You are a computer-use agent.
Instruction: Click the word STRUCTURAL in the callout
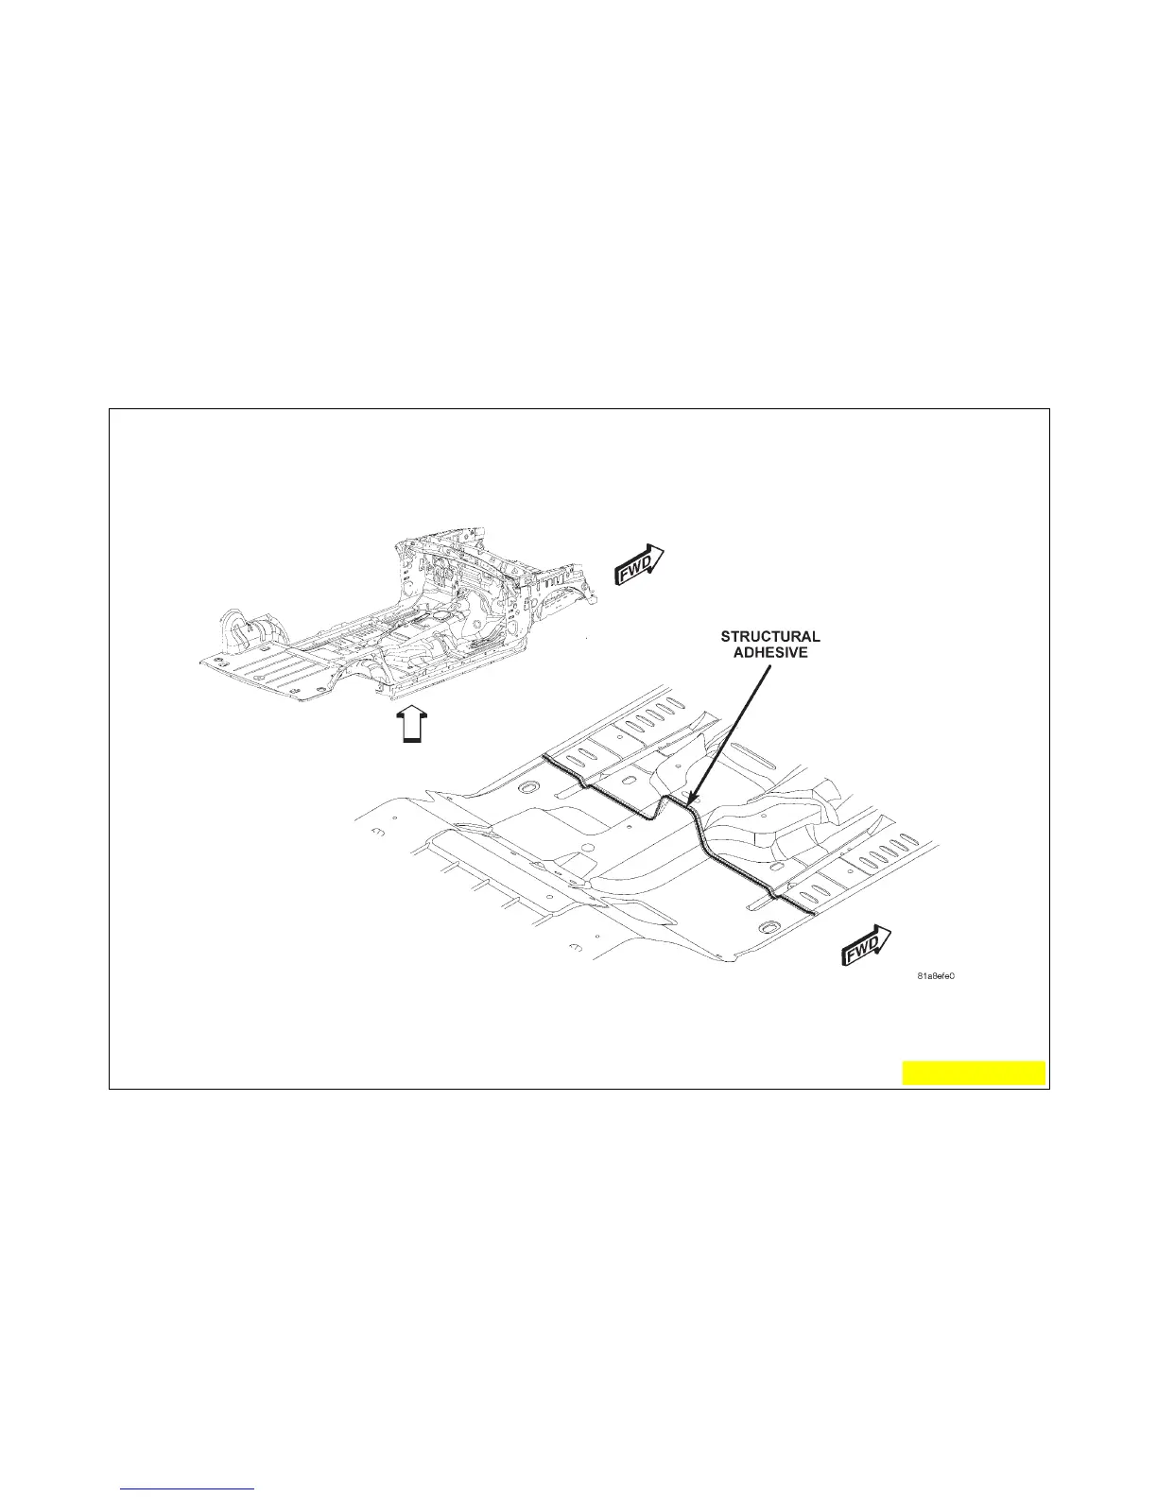click(769, 637)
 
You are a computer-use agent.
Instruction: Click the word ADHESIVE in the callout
click(770, 653)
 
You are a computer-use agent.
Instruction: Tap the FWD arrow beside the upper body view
click(640, 564)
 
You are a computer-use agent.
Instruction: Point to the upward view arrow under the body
click(410, 727)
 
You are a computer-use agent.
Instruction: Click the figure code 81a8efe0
click(935, 976)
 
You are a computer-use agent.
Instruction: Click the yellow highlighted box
click(974, 1074)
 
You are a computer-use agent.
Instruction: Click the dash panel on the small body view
click(454, 576)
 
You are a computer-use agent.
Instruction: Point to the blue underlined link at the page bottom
click(189, 1489)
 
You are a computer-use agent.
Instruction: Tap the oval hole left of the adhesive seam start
click(527, 787)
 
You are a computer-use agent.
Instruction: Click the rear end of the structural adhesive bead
click(545, 758)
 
